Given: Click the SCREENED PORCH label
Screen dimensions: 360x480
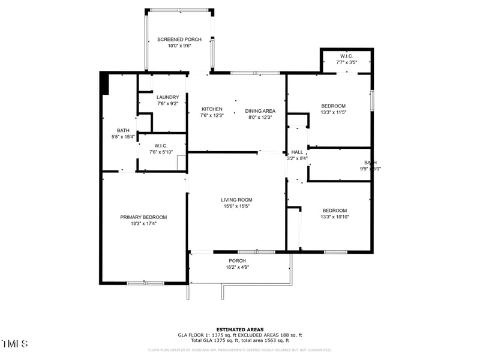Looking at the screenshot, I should click(x=179, y=39).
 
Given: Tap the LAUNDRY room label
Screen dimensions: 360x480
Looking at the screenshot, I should click(x=168, y=97).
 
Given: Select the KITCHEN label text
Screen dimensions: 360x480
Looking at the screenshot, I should click(x=212, y=109).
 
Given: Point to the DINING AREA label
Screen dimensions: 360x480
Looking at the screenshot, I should click(x=260, y=110).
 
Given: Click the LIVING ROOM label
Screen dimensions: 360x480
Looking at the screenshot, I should click(x=236, y=200).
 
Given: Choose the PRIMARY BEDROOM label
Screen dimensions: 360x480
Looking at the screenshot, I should click(x=143, y=217).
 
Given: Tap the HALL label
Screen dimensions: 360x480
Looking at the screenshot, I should click(x=298, y=152).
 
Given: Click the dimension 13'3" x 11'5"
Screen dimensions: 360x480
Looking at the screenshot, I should click(x=334, y=112).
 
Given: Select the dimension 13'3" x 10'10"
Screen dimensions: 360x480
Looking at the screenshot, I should click(x=335, y=217).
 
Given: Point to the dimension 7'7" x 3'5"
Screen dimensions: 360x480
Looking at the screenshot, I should click(x=347, y=62).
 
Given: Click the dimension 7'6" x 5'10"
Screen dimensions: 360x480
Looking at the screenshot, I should click(x=161, y=152).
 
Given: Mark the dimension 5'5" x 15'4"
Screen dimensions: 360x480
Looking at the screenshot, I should click(x=123, y=137).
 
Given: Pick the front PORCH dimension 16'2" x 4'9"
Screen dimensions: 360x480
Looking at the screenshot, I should click(x=237, y=267).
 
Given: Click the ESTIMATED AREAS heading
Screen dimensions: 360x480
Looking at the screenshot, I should click(x=240, y=329).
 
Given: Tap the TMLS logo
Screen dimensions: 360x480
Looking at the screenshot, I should click(x=15, y=344).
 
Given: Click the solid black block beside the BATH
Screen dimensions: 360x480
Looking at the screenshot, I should click(x=104, y=83).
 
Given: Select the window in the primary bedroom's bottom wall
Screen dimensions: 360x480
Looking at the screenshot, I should click(x=145, y=283).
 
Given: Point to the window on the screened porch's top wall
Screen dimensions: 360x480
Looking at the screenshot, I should click(x=179, y=10).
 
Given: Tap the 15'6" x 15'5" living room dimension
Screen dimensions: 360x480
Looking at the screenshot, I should click(x=236, y=206).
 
